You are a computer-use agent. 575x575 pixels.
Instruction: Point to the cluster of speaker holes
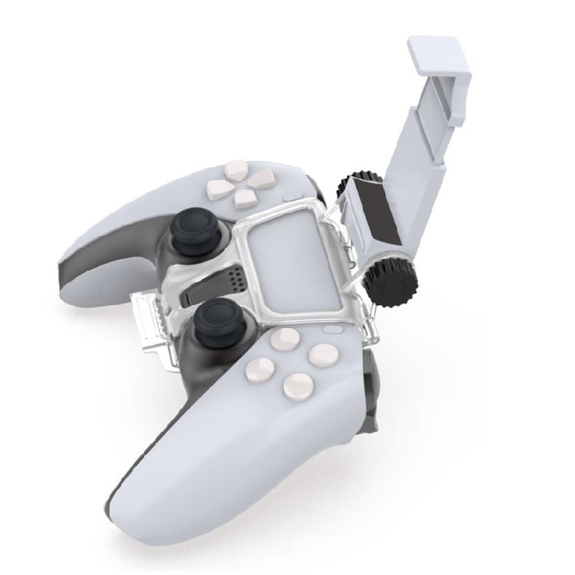tap(235, 280)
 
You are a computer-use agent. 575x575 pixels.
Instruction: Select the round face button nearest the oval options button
tap(320, 353)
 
